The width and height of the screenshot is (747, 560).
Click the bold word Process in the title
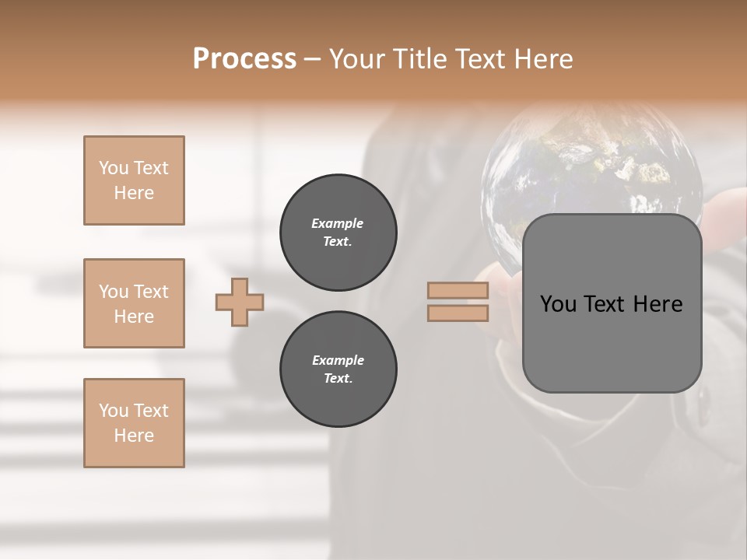pyautogui.click(x=244, y=59)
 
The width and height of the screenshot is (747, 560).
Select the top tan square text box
pyautogui.click(x=134, y=180)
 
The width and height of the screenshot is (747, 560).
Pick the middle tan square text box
pyautogui.click(x=134, y=303)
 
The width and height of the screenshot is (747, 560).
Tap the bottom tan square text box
pyautogui.click(x=134, y=423)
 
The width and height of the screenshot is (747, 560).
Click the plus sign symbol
pyautogui.click(x=240, y=302)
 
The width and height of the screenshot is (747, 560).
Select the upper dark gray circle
pyautogui.click(x=338, y=233)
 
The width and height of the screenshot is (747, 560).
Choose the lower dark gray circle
pyautogui.click(x=338, y=369)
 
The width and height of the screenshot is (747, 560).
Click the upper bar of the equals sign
pyautogui.click(x=458, y=291)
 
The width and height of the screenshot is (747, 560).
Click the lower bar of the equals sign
pyautogui.click(x=458, y=313)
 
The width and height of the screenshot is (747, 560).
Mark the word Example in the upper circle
pyautogui.click(x=337, y=223)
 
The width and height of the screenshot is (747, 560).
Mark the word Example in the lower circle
pyautogui.click(x=338, y=360)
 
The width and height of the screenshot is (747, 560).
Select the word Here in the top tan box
pyautogui.click(x=134, y=193)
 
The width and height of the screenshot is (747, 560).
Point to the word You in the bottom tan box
pyautogui.click(x=113, y=411)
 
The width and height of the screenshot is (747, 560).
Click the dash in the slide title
pyautogui.click(x=313, y=59)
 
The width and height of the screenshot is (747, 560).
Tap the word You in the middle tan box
pyautogui.click(x=113, y=292)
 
